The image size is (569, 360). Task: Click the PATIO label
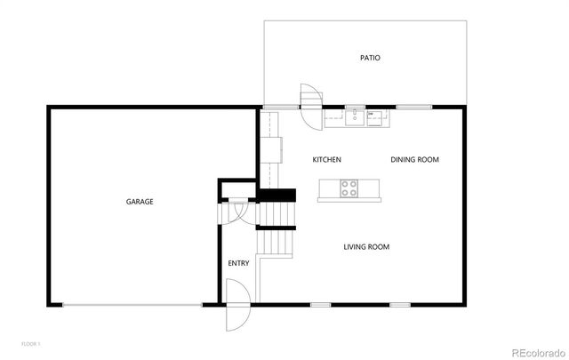[370, 58]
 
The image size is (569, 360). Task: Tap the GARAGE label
[140, 202]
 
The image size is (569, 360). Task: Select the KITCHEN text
[326, 160]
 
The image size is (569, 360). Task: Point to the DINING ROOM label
[415, 160]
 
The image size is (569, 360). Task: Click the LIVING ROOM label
[366, 246]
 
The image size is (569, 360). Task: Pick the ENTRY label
[238, 263]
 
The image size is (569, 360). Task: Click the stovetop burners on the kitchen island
[349, 188]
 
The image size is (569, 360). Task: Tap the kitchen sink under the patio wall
[355, 116]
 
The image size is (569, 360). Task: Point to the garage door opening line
[133, 306]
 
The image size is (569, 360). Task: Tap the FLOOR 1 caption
[31, 343]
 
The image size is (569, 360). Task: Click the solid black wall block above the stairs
[276, 196]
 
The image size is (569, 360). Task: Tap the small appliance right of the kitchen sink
[375, 116]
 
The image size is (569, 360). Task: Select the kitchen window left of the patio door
[283, 108]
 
